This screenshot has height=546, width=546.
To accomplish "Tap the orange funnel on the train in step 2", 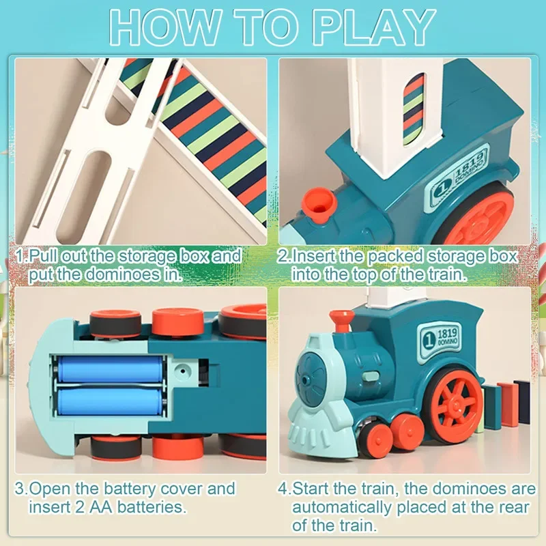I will [x=320, y=202].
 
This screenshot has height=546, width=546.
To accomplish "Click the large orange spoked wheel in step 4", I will [x=452, y=402].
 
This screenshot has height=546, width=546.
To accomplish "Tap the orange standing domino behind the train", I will [x=508, y=403].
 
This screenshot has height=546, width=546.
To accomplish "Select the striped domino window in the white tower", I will [x=414, y=109].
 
